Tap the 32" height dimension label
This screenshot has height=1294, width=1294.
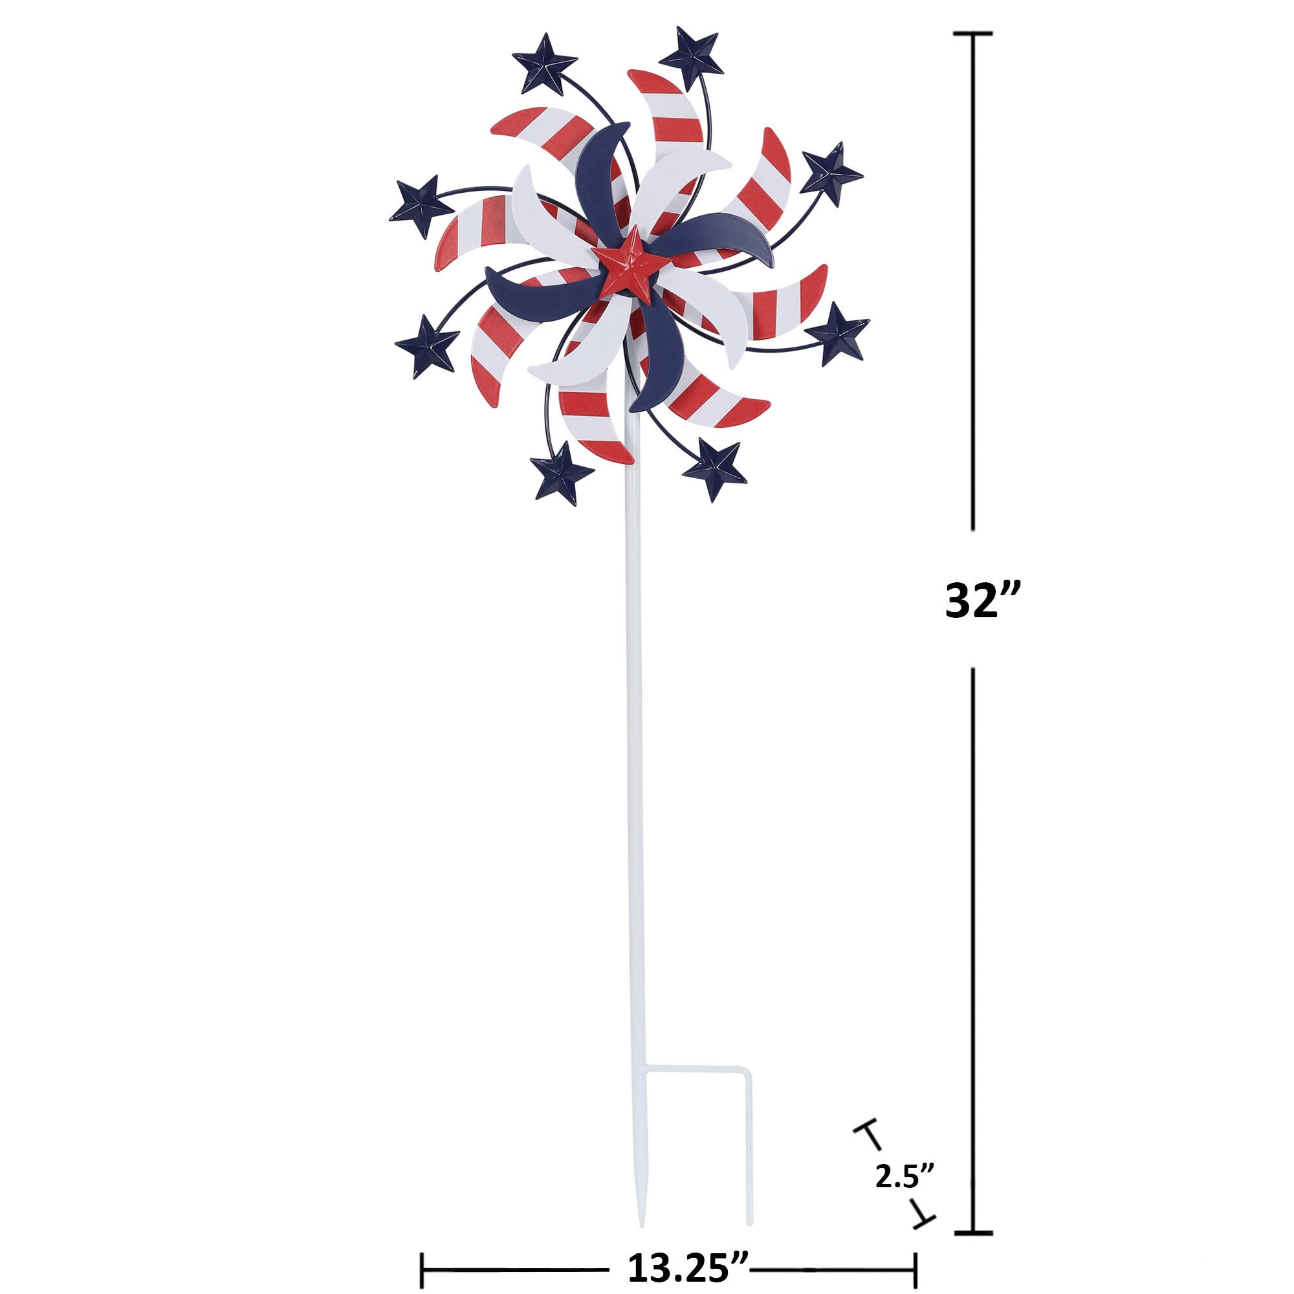[983, 601]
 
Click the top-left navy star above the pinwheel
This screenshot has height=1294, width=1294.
[545, 64]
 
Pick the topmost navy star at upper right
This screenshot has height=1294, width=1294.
[691, 58]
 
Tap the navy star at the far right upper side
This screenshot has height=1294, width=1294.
[831, 174]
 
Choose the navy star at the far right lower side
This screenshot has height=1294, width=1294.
[837, 334]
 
